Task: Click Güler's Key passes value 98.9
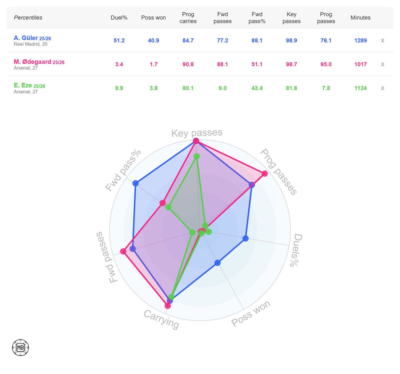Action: pyautogui.click(x=291, y=40)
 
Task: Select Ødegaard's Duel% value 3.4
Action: pyautogui.click(x=119, y=64)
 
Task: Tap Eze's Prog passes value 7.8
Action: pyautogui.click(x=326, y=88)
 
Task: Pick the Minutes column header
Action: pyautogui.click(x=360, y=18)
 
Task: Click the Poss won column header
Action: pyautogui.click(x=153, y=18)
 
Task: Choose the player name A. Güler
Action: pyautogui.click(x=26, y=38)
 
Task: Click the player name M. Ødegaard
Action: pyautogui.click(x=32, y=62)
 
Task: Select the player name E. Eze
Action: pyautogui.click(x=23, y=85)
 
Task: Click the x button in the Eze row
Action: pyautogui.click(x=382, y=88)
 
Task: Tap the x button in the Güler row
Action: pyautogui.click(x=382, y=40)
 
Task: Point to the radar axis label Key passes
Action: pyautogui.click(x=197, y=133)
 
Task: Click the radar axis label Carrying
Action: pyautogui.click(x=161, y=319)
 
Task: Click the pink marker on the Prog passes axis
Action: pyautogui.click(x=265, y=174)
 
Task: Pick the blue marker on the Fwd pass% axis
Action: pyautogui.click(x=135, y=183)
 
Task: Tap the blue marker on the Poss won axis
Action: pyautogui.click(x=217, y=263)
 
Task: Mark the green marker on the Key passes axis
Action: pyautogui.click(x=197, y=156)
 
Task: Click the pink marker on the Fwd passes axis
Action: pyautogui.click(x=123, y=252)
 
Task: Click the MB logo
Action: pyautogui.click(x=20, y=347)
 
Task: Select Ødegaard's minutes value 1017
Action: pyautogui.click(x=360, y=64)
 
